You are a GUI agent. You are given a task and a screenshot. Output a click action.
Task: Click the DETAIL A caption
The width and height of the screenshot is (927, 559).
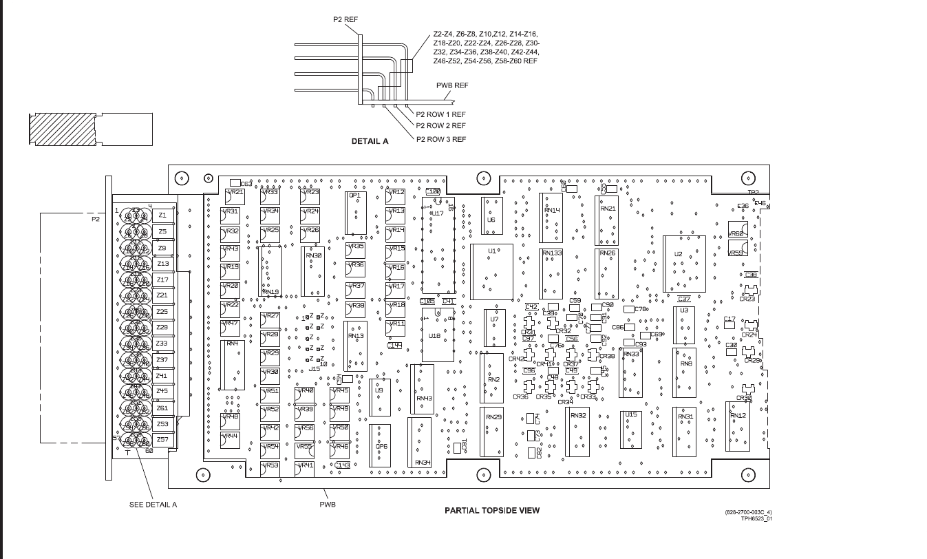tap(370, 141)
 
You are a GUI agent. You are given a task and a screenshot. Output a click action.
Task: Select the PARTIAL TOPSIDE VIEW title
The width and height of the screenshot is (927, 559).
tap(492, 510)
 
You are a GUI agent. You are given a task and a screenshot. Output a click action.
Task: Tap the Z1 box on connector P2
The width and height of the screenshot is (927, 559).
tap(163, 215)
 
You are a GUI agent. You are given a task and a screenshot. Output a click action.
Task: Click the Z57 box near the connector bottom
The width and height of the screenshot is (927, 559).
tap(163, 439)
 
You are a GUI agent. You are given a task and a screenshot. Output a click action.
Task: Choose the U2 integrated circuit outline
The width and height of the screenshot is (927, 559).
tap(683, 264)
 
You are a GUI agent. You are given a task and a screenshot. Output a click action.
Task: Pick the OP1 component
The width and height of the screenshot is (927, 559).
tap(356, 214)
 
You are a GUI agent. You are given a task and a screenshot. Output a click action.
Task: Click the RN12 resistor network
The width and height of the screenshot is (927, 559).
tap(738, 427)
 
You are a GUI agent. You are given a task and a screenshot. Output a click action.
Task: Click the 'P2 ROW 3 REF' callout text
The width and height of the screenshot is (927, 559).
tap(440, 139)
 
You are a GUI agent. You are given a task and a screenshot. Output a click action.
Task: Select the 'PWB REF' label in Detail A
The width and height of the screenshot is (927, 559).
tap(452, 85)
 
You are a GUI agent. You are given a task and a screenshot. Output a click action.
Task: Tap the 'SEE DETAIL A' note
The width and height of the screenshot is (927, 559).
tap(153, 505)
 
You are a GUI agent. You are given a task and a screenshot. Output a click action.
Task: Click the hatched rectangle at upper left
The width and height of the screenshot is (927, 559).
tap(61, 129)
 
